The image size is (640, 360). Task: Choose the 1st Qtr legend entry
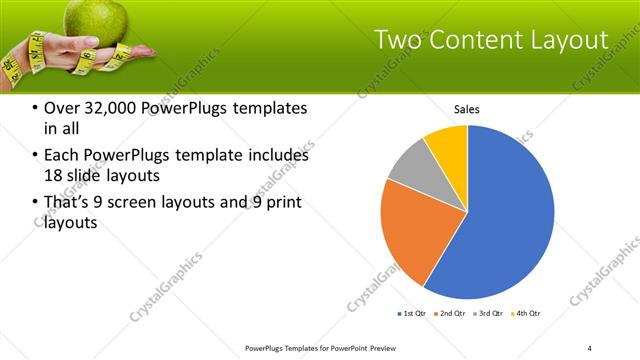(412, 314)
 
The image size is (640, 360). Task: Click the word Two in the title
(398, 41)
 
